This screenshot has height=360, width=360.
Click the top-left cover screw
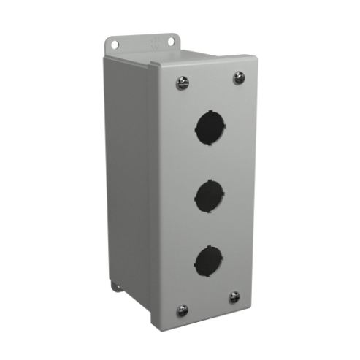182,83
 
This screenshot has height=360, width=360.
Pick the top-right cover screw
239,77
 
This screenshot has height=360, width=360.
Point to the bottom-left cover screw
183,310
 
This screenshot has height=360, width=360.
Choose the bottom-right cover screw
234,297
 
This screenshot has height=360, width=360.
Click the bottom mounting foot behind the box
117,285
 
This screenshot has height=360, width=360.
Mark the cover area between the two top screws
210,80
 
